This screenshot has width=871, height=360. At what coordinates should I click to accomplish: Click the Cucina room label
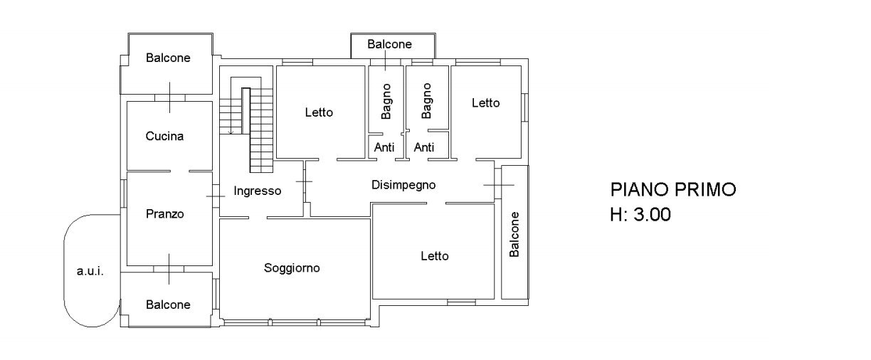pyautogui.click(x=164, y=136)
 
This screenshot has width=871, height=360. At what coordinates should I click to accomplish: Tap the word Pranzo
pyautogui.click(x=164, y=213)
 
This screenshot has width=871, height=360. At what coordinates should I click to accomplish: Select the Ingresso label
pyautogui.click(x=257, y=191)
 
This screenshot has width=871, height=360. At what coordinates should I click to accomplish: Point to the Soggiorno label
pyautogui.click(x=292, y=268)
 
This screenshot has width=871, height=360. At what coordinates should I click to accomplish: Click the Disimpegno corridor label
pyautogui.click(x=403, y=185)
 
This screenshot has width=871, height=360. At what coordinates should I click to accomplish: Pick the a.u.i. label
pyautogui.click(x=90, y=270)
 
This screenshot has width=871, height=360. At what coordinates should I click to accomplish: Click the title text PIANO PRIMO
pyautogui.click(x=672, y=190)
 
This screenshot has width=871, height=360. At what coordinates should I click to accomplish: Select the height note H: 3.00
pyautogui.click(x=640, y=214)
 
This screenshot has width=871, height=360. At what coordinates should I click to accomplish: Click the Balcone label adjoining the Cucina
pyautogui.click(x=169, y=58)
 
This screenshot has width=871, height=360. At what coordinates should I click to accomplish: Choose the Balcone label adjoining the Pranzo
pyautogui.click(x=169, y=305)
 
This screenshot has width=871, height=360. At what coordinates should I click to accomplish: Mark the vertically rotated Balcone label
pyautogui.click(x=514, y=234)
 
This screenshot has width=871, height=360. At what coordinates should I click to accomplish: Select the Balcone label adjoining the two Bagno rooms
pyautogui.click(x=389, y=44)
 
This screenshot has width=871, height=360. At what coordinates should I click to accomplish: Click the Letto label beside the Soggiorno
pyautogui.click(x=434, y=256)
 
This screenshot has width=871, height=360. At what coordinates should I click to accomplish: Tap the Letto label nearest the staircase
pyautogui.click(x=319, y=112)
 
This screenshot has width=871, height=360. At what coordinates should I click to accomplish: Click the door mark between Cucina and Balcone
pyautogui.click(x=169, y=97)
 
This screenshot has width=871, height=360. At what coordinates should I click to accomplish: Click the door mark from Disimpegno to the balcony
pyautogui.click(x=498, y=185)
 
